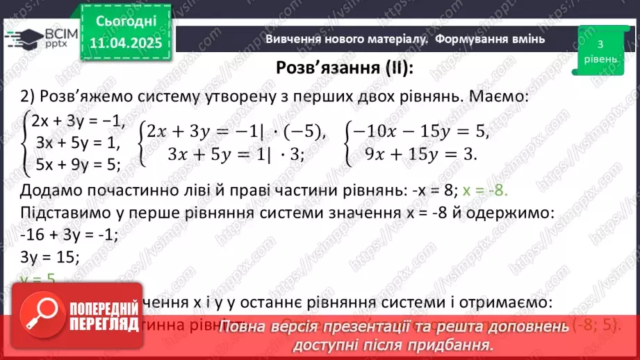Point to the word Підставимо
click(69, 213)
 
